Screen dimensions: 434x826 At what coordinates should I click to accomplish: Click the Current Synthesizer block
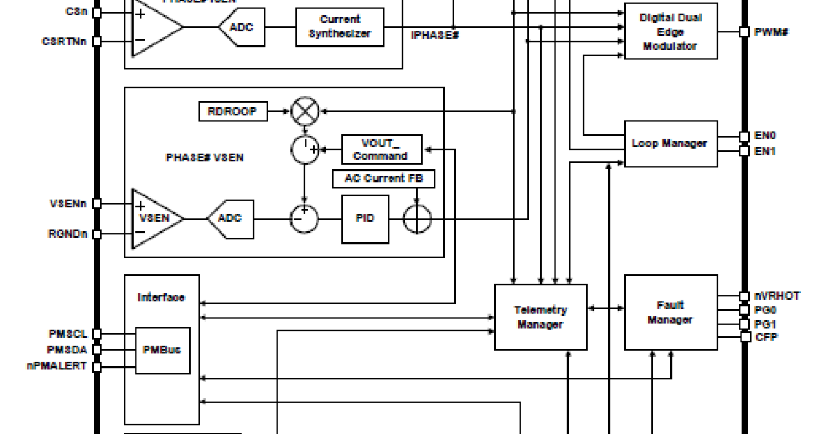pyautogui.click(x=339, y=27)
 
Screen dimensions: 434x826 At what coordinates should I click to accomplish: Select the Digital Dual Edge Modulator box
pyautogui.click(x=670, y=32)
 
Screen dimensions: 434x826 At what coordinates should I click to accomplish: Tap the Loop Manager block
pyautogui.click(x=669, y=143)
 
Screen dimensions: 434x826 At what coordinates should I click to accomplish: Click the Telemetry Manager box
pyautogui.click(x=541, y=317)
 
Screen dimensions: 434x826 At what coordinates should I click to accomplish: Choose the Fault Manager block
pyautogui.click(x=670, y=312)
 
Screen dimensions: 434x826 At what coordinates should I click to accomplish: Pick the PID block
pyautogui.click(x=365, y=219)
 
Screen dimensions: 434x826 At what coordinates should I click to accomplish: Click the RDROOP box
pyautogui.click(x=233, y=110)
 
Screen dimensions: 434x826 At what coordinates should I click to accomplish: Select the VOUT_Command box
pyautogui.click(x=381, y=149)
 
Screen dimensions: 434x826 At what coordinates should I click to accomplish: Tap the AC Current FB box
pyautogui.click(x=383, y=178)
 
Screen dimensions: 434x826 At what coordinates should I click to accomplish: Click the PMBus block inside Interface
pyautogui.click(x=162, y=350)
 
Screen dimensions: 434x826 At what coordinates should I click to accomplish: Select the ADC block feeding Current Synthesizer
pyautogui.click(x=241, y=27)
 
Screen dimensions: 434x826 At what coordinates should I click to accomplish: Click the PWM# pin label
pyautogui.click(x=771, y=32)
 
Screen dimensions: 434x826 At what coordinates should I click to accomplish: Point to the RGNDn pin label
pyautogui.click(x=67, y=234)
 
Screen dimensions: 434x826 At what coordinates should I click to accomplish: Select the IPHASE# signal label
pyautogui.click(x=434, y=34)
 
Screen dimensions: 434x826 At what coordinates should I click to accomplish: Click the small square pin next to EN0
pyautogui.click(x=743, y=136)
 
